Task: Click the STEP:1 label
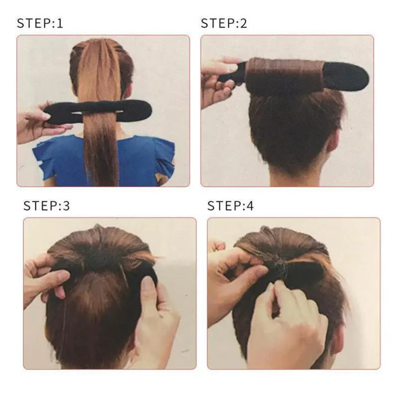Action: point(40,23)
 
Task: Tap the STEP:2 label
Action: point(224,23)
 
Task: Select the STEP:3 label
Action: point(47,206)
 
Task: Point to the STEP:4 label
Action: point(230,206)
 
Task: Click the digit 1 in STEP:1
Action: point(60,23)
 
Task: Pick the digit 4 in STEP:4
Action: point(250,206)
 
